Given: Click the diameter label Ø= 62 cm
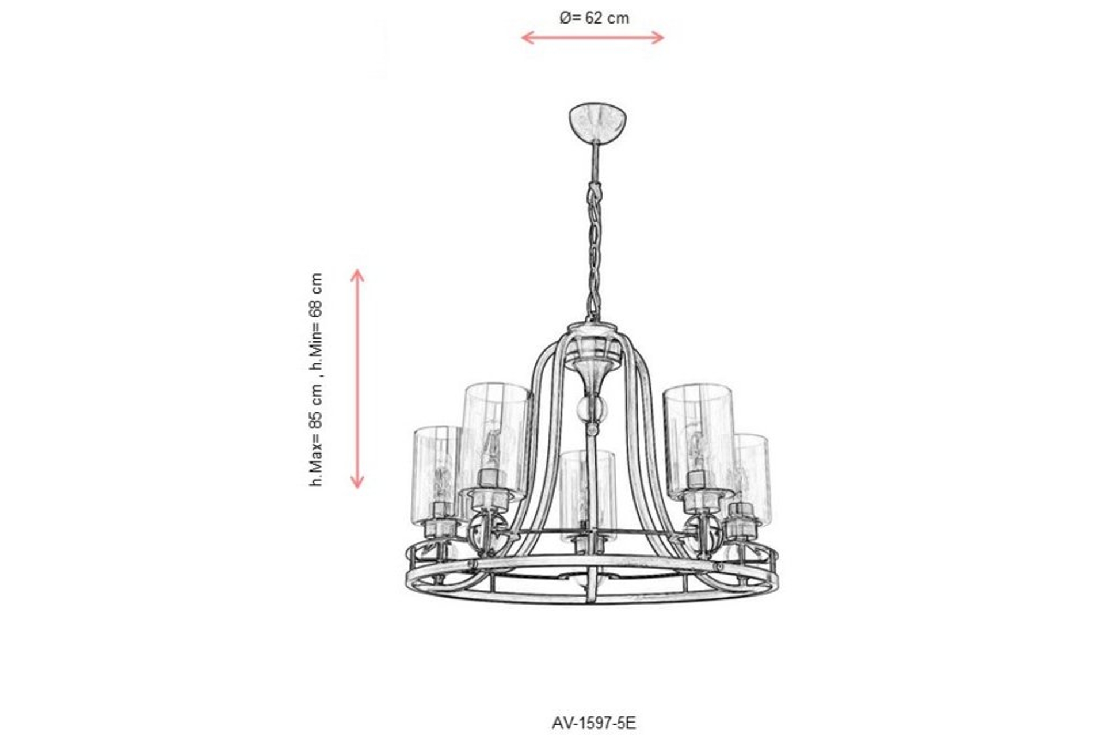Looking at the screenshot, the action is click(x=594, y=18).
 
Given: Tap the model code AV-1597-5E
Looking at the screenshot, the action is click(x=594, y=723).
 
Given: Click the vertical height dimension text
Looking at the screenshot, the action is click(x=316, y=379).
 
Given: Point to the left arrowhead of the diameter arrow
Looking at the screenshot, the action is click(x=526, y=38).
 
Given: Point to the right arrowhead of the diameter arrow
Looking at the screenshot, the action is click(x=660, y=38).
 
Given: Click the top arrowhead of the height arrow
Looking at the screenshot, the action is click(x=357, y=274).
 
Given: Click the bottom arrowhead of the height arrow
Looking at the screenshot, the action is click(x=357, y=483).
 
